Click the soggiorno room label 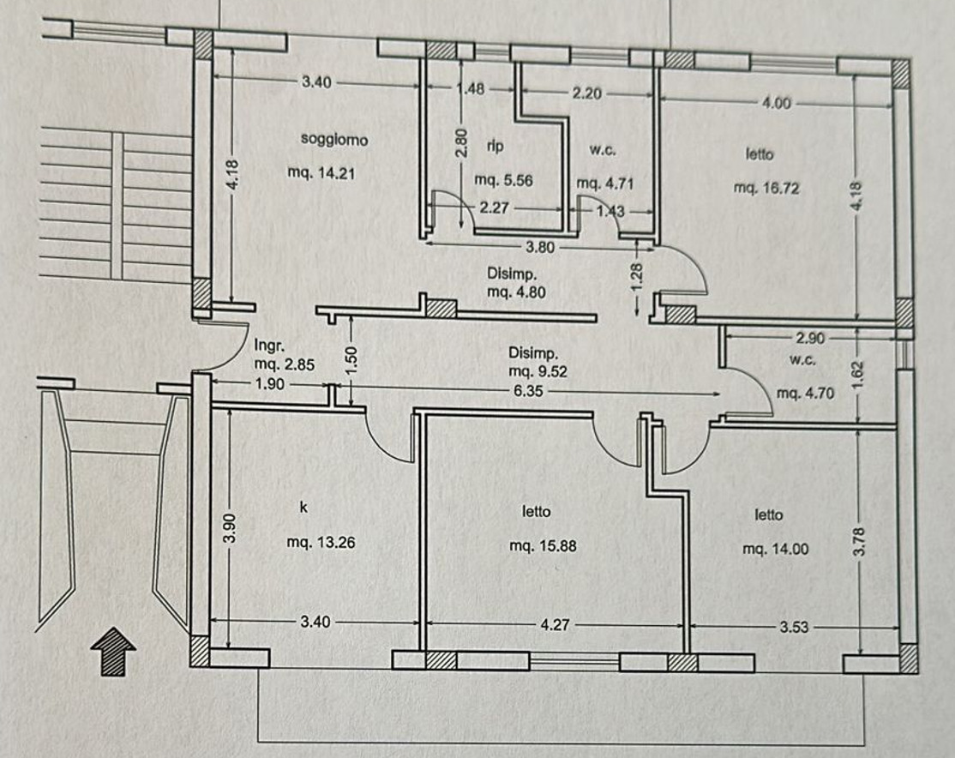click(x=334, y=140)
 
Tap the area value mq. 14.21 click(x=321, y=173)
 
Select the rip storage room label click(x=496, y=147)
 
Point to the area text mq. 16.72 click(x=766, y=188)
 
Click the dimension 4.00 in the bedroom click(x=777, y=103)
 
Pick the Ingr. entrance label click(x=269, y=346)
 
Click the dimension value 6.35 click(x=528, y=391)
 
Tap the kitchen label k click(x=303, y=507)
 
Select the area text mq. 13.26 click(x=321, y=542)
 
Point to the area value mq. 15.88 click(x=543, y=546)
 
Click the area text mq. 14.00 click(x=775, y=549)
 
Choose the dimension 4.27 click(x=555, y=624)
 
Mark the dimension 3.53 click(x=794, y=627)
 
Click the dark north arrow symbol click(x=113, y=652)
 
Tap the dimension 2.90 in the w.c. click(x=810, y=338)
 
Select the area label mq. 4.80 click(x=516, y=292)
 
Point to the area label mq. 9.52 click(x=538, y=371)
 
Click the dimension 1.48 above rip click(x=471, y=89)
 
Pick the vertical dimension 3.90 click(x=229, y=527)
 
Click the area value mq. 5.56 click(x=504, y=180)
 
